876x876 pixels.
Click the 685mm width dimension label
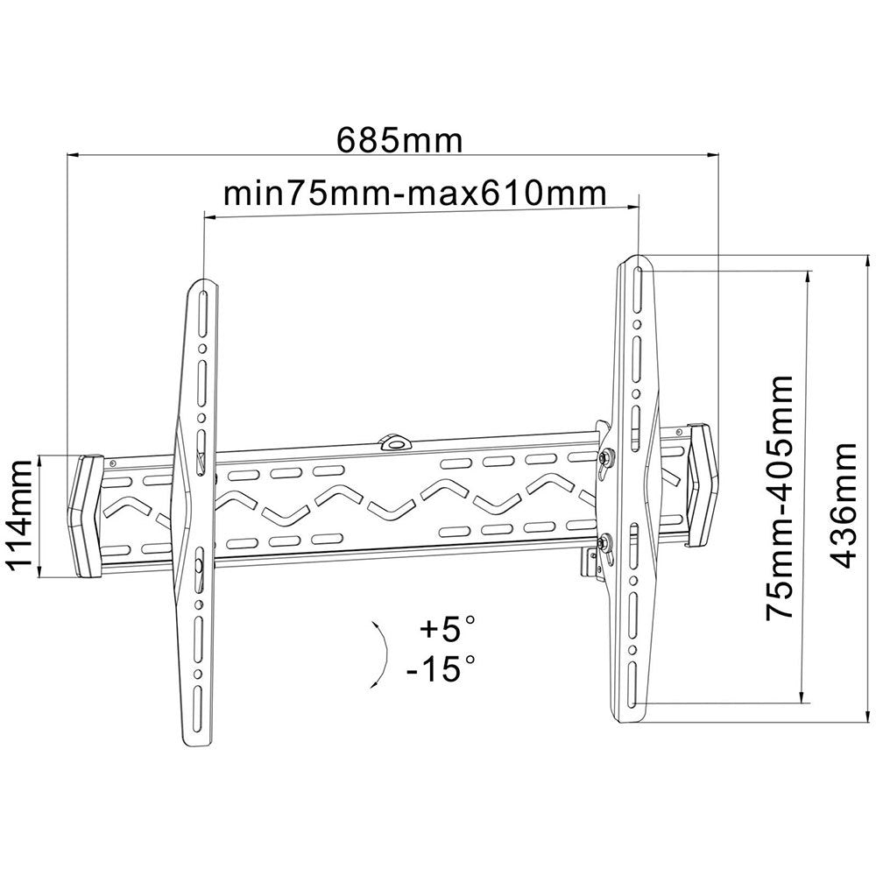(x=399, y=141)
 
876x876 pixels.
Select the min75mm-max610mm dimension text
(x=415, y=194)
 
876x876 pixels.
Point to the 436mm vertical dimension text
(x=841, y=505)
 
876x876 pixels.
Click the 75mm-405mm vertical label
(x=780, y=497)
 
